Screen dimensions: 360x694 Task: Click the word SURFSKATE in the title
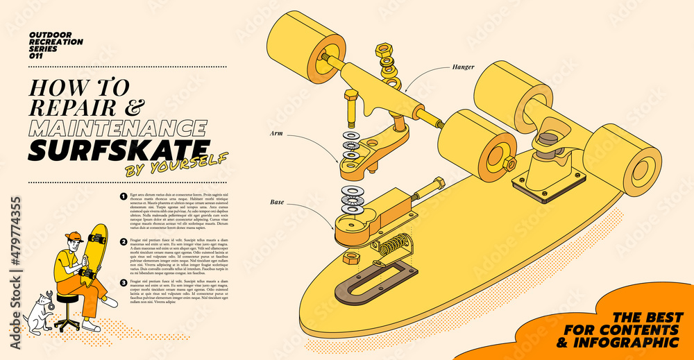(x=119, y=149)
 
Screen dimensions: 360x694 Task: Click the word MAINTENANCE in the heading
(x=118, y=128)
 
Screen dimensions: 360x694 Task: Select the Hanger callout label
(x=463, y=67)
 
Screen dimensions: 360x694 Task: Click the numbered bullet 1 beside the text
(x=123, y=196)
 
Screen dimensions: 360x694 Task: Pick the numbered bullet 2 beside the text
(x=123, y=241)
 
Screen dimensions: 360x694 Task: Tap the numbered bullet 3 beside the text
(x=123, y=283)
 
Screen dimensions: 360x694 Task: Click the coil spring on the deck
(x=393, y=245)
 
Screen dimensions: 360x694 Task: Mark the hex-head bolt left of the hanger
(x=350, y=108)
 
